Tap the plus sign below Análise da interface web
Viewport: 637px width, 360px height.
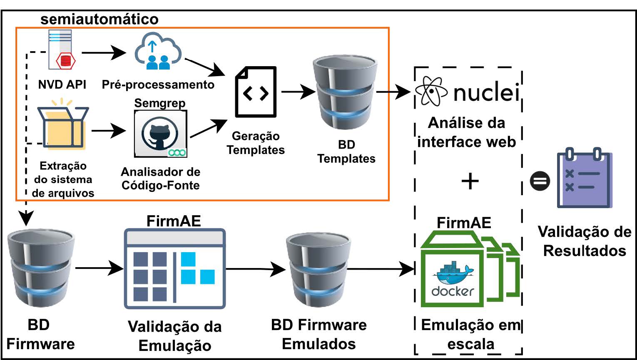pos(470,181)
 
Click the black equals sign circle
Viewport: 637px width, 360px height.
pos(540,181)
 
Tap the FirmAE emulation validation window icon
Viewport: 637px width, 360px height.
pos(175,268)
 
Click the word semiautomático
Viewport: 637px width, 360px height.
pos(100,19)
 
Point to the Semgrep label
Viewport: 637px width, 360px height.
pos(160,103)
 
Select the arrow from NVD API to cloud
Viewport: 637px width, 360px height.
pos(104,53)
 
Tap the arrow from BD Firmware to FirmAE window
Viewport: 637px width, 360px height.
pos(100,268)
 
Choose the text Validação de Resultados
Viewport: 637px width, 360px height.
pos(585,241)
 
